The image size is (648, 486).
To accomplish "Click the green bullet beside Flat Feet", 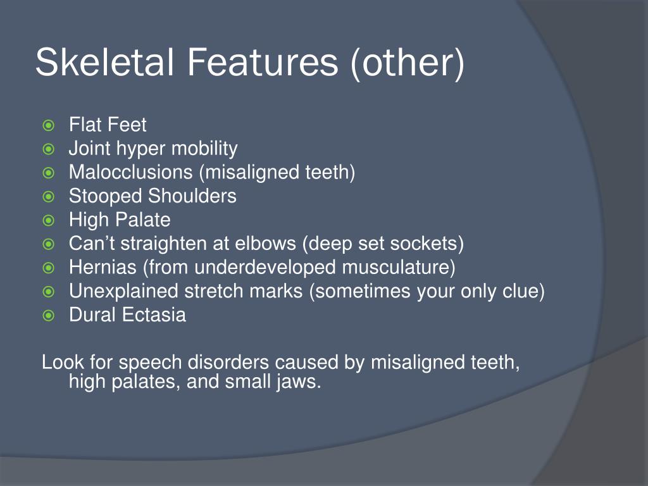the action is (x=48, y=125).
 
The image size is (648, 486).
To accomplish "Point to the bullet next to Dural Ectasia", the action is (x=48, y=316).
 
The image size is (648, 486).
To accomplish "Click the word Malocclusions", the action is (x=130, y=172).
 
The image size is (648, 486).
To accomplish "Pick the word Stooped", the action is (x=106, y=197).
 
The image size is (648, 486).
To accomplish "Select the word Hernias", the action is (x=103, y=267).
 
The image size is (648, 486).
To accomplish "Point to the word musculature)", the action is (x=399, y=268).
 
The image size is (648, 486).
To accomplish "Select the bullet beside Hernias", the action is (x=48, y=268).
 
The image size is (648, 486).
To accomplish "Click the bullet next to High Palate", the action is (x=48, y=221).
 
